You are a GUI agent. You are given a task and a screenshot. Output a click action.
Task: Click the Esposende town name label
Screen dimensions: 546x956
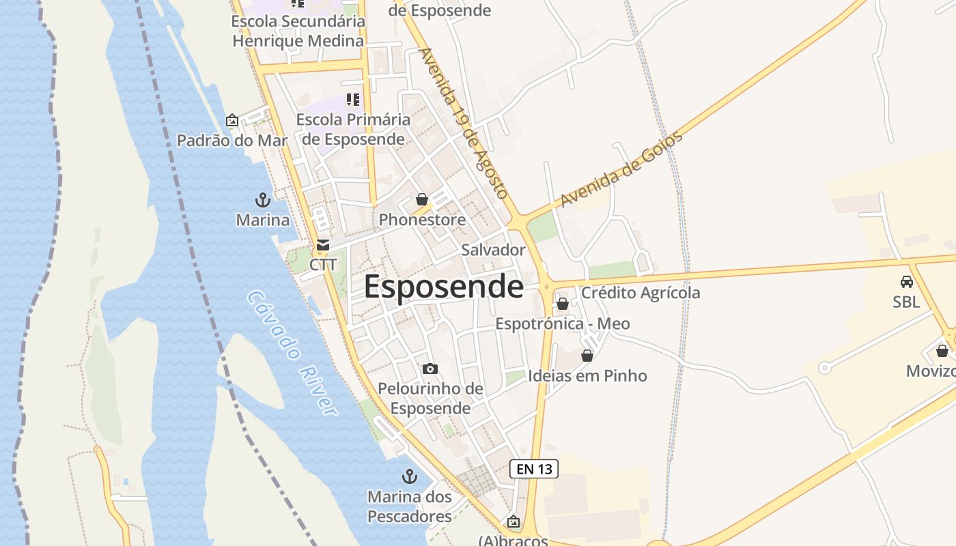443,287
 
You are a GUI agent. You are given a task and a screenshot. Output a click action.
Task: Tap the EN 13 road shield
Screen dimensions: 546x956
534,469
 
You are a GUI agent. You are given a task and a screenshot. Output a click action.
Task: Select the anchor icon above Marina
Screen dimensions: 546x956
263,200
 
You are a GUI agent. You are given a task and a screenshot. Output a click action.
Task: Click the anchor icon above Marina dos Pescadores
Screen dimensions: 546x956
410,476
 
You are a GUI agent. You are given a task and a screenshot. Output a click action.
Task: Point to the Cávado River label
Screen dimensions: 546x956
292,353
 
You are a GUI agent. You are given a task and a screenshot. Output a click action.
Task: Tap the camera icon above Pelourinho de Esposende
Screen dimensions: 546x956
430,369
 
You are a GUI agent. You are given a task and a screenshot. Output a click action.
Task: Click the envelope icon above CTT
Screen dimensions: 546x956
323,245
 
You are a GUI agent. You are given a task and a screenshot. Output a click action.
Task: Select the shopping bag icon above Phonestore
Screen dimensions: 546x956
422,199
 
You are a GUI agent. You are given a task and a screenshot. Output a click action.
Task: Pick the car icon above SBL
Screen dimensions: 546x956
907,281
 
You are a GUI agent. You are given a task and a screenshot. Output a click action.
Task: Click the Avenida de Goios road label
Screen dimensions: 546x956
621,169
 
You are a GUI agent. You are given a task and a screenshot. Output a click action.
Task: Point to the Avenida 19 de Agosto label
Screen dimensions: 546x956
464,123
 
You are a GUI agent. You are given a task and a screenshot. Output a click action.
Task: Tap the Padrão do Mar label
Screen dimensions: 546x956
232,141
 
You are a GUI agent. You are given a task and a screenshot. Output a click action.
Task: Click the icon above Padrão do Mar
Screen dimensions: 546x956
232,120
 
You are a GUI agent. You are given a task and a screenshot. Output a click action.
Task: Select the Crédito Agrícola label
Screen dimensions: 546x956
641,293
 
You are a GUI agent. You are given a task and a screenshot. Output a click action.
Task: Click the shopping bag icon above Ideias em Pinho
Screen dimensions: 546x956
587,356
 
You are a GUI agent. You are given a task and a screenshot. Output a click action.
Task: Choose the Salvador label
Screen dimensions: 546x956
493,250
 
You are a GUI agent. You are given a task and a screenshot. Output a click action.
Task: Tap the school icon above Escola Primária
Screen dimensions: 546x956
353,100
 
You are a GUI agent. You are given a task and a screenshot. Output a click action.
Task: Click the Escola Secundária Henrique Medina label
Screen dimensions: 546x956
298,31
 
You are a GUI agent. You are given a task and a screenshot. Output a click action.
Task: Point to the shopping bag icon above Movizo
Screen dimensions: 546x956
942,351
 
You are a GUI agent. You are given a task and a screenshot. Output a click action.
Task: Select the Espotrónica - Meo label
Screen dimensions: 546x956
563,324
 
